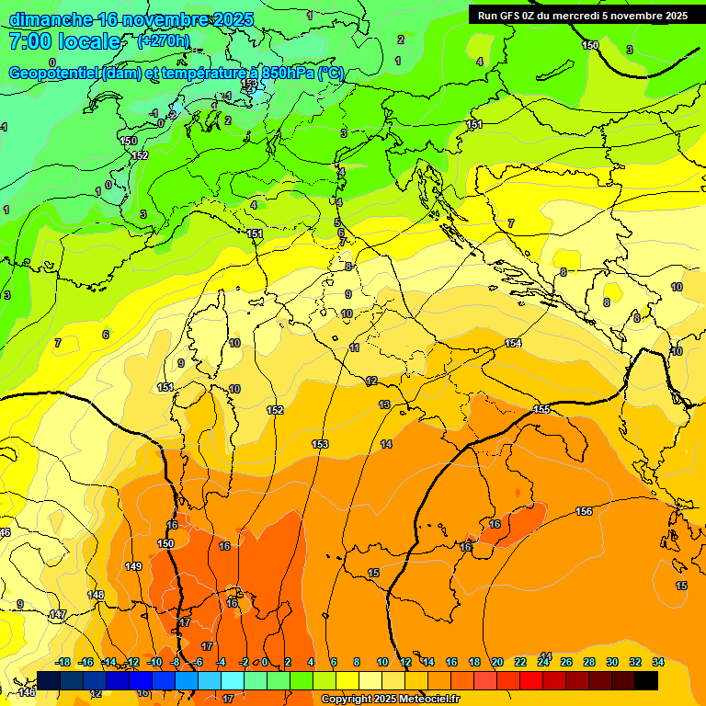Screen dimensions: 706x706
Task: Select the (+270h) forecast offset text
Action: pyautogui.click(x=163, y=41)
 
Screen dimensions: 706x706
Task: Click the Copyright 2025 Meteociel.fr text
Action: pyautogui.click(x=390, y=700)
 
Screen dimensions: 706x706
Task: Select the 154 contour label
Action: pyautogui.click(x=513, y=343)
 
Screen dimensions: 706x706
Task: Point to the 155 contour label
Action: pyautogui.click(x=541, y=409)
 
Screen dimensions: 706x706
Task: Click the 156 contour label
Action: pyautogui.click(x=584, y=511)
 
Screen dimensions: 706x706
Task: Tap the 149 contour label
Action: pyautogui.click(x=133, y=567)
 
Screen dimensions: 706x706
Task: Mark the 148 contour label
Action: pyautogui.click(x=96, y=595)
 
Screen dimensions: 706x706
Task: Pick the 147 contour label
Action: pyautogui.click(x=57, y=614)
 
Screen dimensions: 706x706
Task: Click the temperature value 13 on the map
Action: pyautogui.click(x=384, y=404)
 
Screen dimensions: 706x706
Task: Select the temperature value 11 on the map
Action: pyautogui.click(x=355, y=347)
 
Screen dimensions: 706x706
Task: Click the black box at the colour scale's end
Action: pyautogui.click(x=646, y=680)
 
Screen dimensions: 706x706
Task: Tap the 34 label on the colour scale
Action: pyautogui.click(x=658, y=662)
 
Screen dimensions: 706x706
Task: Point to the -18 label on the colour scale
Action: pyautogui.click(x=63, y=662)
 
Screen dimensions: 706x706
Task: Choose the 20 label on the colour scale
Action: pyautogui.click(x=497, y=662)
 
